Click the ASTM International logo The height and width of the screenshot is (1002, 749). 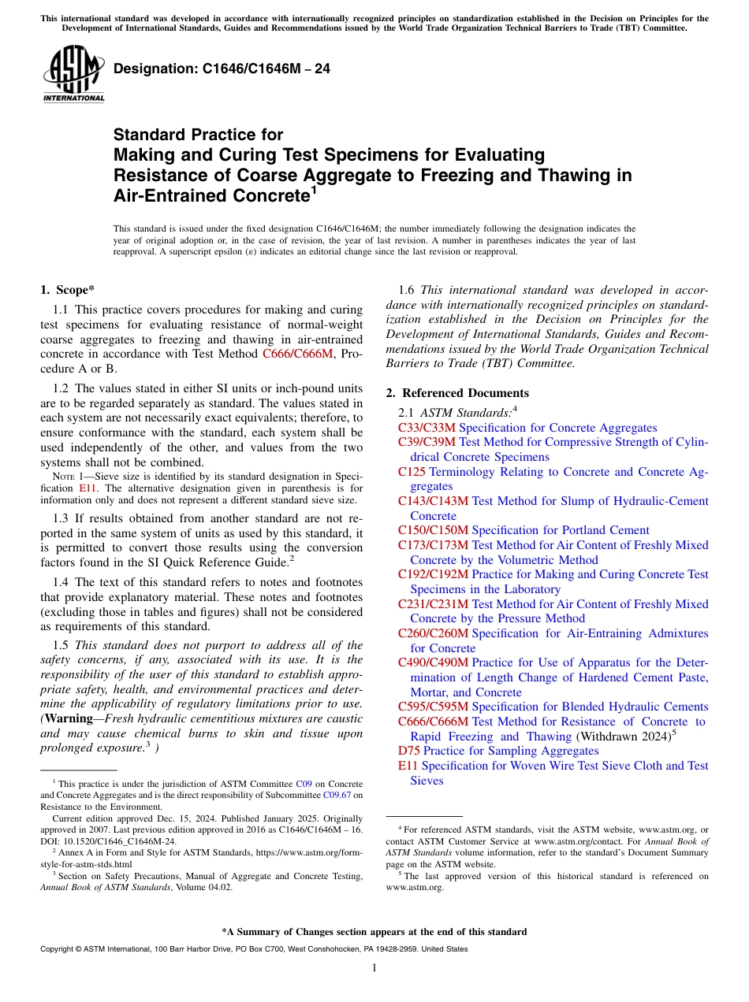click(x=73, y=74)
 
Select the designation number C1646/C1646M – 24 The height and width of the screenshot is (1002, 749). click(x=222, y=69)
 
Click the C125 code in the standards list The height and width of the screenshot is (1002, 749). click(x=412, y=472)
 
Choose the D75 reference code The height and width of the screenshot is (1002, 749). click(x=408, y=751)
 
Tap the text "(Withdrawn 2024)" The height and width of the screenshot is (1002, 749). click(x=621, y=737)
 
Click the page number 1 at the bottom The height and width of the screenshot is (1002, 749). click(x=374, y=967)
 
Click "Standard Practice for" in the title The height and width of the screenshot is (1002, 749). click(x=198, y=135)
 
